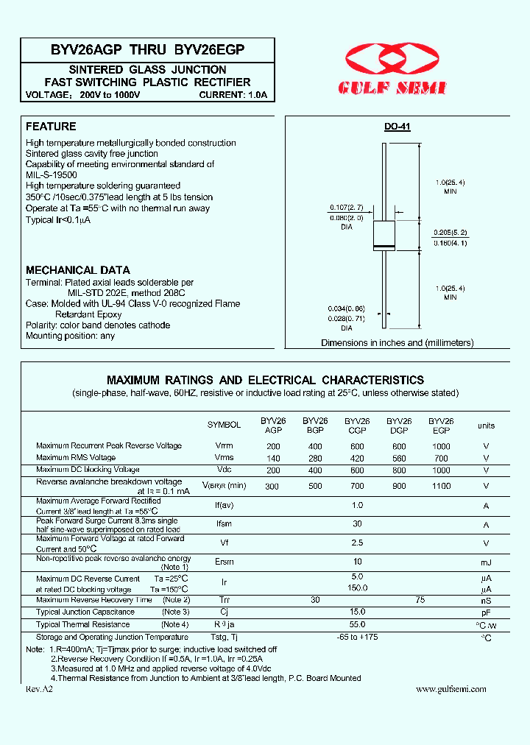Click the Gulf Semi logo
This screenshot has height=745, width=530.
coord(392,69)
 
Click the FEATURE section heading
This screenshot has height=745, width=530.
coord(51,127)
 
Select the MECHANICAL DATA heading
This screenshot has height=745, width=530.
coord(78,270)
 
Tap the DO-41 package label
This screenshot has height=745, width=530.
coord(397,127)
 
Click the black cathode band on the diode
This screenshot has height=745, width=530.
coord(384,245)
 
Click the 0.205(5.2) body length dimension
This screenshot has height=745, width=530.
coord(451,233)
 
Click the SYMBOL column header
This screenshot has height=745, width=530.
coord(224,425)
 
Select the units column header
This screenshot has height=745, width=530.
coord(486,426)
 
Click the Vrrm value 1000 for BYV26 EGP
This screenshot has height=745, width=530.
coord(441,446)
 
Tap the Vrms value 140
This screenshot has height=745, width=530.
coord(273,458)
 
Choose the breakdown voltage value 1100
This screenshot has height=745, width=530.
coord(441,486)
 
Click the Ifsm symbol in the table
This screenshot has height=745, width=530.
coord(224,525)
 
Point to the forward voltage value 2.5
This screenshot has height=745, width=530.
coord(357,543)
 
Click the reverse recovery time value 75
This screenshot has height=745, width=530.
coord(420,601)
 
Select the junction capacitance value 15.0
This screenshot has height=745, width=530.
coord(357,612)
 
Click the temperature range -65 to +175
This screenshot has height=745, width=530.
coord(357,637)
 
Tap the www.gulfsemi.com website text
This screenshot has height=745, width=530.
coord(451,689)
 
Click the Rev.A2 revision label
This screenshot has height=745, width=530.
coord(40,689)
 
